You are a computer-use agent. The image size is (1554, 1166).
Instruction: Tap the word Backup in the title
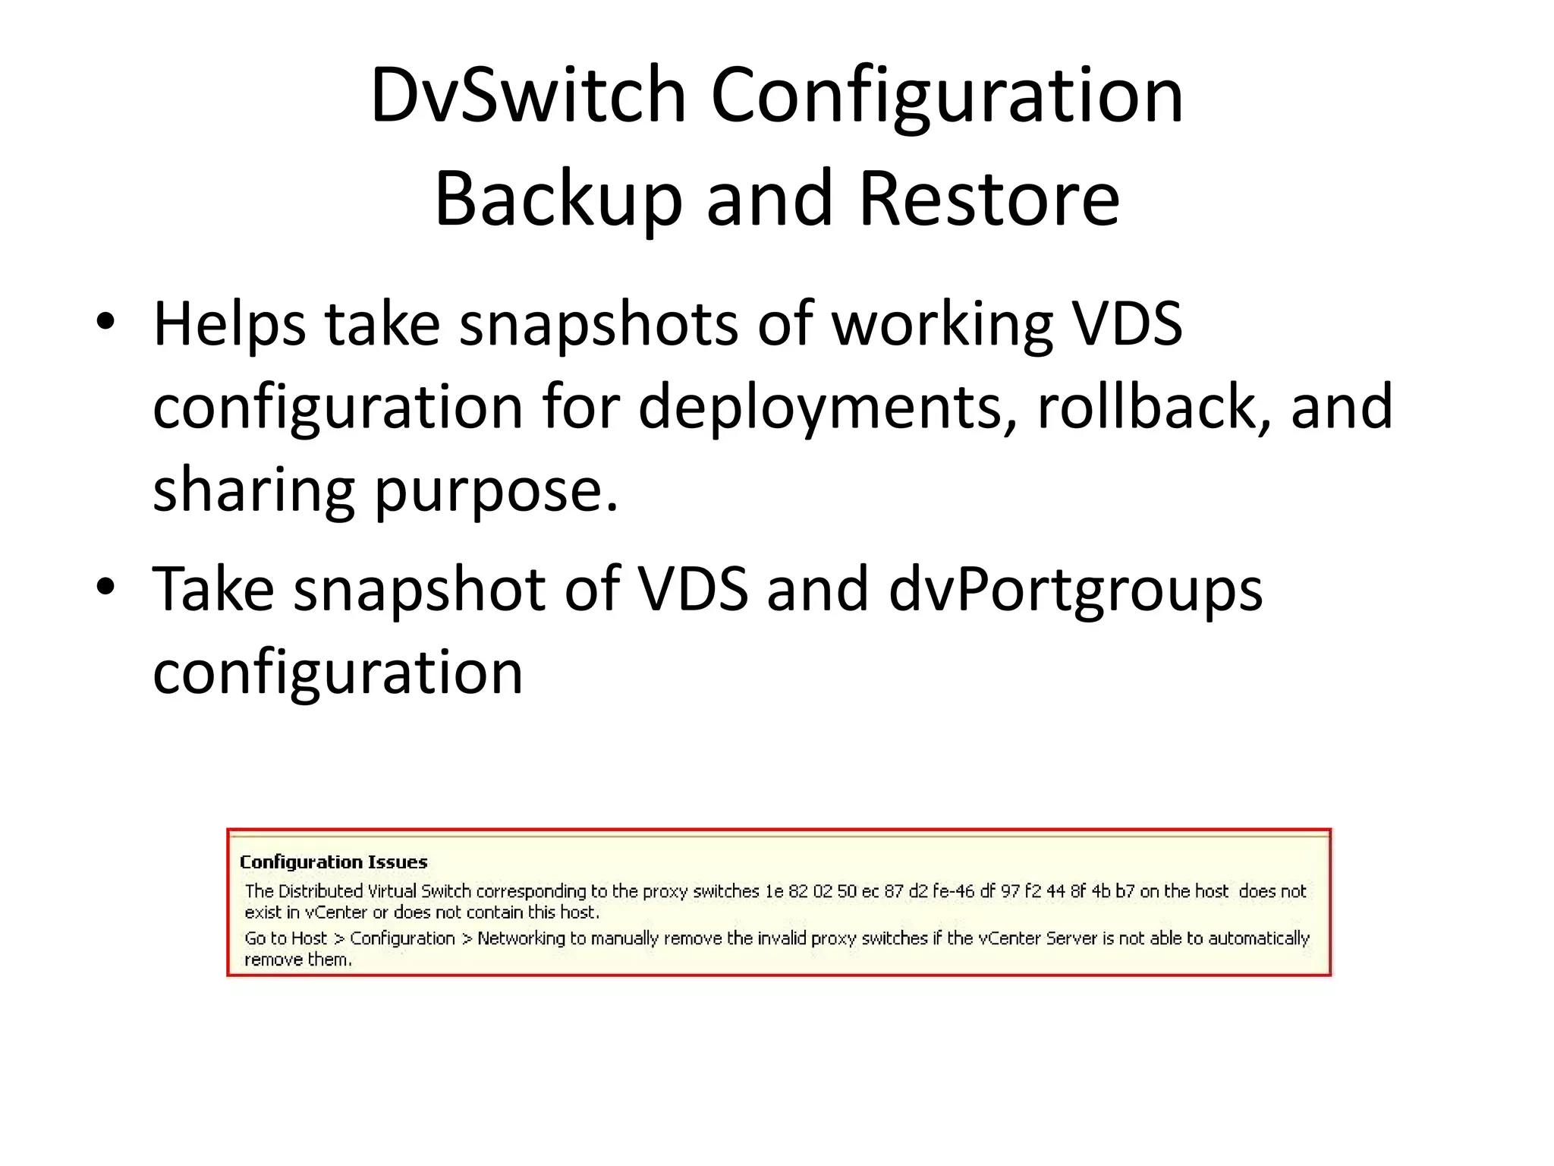click(558, 199)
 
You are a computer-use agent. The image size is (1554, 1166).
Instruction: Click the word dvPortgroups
click(1075, 590)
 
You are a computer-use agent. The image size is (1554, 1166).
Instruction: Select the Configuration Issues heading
click(333, 862)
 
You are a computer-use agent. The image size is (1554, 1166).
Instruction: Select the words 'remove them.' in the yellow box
click(298, 960)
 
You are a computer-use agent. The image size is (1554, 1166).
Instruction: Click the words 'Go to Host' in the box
click(285, 938)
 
